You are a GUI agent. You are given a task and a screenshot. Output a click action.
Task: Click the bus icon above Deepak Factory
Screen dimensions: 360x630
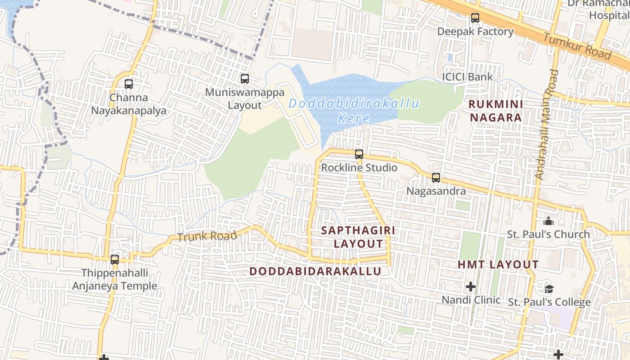pos(475,18)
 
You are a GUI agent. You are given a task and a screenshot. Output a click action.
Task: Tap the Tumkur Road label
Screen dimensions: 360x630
pos(578,46)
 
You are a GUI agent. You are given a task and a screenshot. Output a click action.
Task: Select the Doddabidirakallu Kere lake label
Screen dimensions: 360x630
pos(354,111)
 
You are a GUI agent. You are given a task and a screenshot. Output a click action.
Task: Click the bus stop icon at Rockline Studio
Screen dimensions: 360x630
pos(359,154)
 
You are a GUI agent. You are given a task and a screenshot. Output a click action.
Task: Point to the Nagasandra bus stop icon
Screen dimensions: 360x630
pos(436,177)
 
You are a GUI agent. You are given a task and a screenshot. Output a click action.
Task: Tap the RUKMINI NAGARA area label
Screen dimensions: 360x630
pos(495,111)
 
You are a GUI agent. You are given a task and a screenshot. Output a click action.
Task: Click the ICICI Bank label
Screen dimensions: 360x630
pos(467,77)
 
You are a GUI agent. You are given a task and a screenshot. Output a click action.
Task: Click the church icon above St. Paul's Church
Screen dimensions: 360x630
pos(548,221)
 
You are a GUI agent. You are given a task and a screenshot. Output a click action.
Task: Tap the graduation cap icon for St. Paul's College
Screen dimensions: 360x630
pos(549,288)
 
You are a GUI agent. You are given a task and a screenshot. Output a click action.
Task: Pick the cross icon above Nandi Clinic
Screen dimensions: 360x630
pos(471,286)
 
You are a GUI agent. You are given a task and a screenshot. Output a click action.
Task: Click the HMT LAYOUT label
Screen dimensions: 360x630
pos(498,265)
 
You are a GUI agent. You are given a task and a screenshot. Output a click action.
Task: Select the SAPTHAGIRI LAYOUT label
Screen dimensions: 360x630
pos(358,237)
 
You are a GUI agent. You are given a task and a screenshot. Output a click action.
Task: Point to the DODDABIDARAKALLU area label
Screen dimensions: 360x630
pos(315,271)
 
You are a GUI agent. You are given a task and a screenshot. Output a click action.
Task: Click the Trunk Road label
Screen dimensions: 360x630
pos(207,236)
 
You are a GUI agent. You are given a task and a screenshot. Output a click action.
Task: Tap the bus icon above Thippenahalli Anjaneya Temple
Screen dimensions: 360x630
pos(115,259)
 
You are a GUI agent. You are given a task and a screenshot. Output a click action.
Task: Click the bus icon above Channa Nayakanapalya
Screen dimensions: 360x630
pos(129,84)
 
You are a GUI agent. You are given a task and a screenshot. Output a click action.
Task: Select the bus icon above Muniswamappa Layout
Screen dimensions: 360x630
pos(245,79)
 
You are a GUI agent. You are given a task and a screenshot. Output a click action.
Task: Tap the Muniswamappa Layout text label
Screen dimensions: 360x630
pos(245,99)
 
